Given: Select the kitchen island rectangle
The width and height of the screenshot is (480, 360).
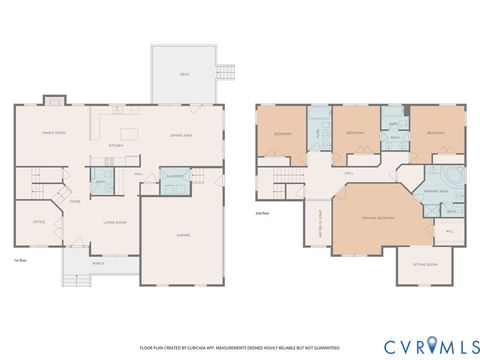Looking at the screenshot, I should (x=128, y=134).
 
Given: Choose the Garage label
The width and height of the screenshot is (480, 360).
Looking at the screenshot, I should (x=184, y=236).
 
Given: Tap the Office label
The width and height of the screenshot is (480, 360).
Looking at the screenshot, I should (x=38, y=222).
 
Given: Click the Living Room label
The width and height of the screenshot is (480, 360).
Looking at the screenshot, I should (x=115, y=222).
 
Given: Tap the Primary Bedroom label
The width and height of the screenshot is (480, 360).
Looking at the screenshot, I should (x=377, y=217).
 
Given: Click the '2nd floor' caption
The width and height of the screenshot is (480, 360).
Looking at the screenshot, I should (x=263, y=212).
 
